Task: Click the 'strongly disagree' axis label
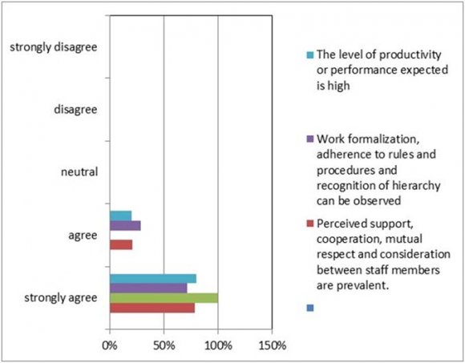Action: coord(54,47)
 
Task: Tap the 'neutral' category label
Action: coord(79,171)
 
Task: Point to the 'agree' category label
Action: coord(83,235)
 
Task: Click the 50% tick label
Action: coord(164,345)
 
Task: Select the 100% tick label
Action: coord(218,345)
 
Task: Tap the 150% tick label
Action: coord(273,345)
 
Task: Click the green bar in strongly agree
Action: coord(164,298)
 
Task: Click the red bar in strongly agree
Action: coord(152,308)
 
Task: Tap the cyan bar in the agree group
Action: coord(120,216)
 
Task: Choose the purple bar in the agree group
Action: coord(124,225)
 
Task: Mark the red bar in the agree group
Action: coord(120,244)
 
